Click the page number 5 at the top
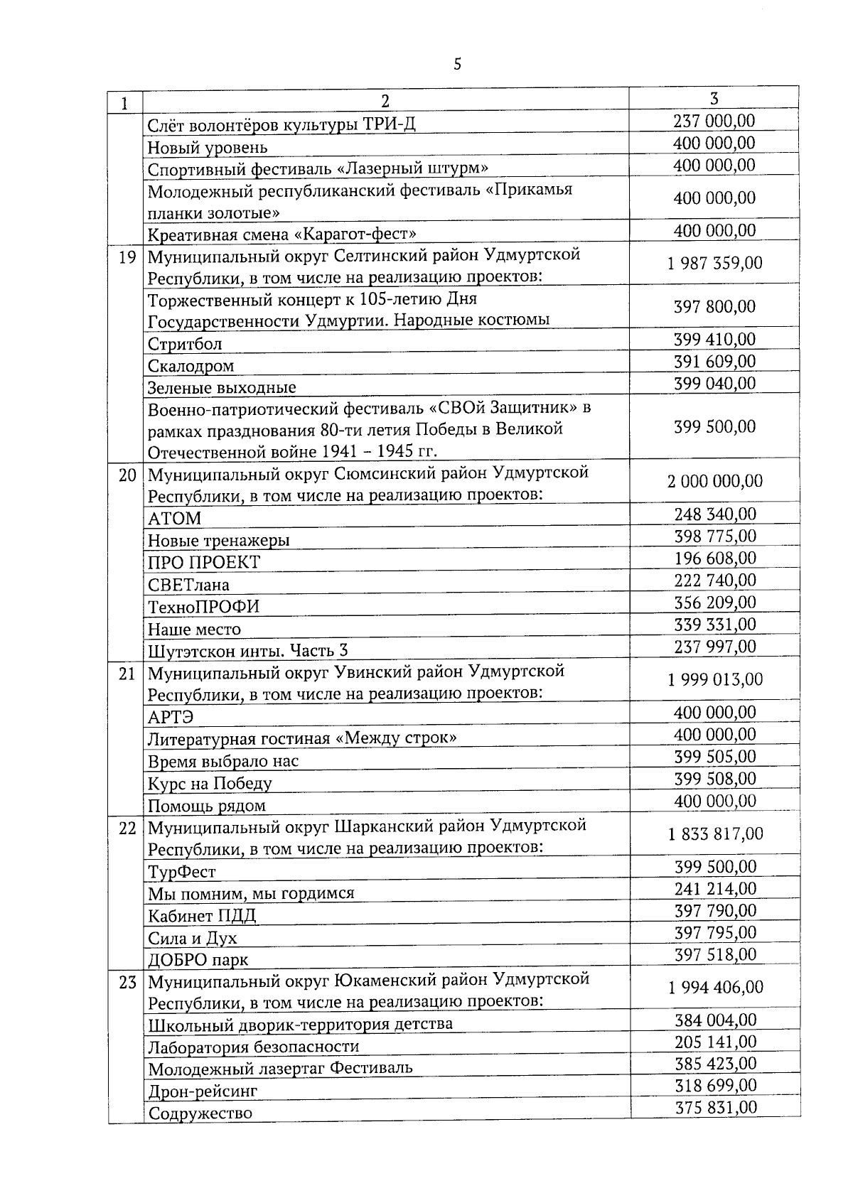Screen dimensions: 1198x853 [457, 65]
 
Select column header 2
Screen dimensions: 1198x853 [385, 102]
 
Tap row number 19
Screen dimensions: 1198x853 [126, 257]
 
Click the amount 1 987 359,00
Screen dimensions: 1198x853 [714, 264]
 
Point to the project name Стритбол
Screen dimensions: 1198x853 [185, 345]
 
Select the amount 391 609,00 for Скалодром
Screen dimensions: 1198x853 [714, 362]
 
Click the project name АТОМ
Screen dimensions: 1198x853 [174, 519]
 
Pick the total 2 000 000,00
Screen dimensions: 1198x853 [714, 482]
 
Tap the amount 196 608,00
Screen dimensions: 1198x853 [714, 558]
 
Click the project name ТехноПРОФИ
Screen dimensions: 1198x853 [203, 607]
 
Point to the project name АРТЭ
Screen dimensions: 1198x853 [171, 717]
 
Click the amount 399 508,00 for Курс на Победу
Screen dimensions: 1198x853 [714, 779]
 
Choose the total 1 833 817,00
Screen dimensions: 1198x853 [714, 834]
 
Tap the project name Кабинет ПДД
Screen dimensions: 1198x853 [201, 916]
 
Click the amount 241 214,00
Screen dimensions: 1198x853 [714, 889]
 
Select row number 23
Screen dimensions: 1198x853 [126, 983]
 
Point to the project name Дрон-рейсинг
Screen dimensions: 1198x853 [202, 1091]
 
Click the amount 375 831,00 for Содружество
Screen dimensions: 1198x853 [714, 1108]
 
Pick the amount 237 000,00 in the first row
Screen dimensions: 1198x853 [714, 122]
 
